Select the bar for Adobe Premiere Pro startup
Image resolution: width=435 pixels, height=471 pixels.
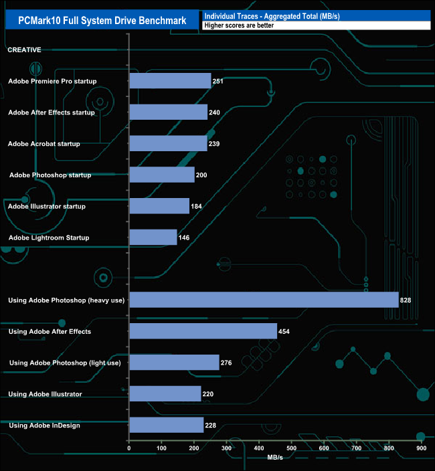[170, 81]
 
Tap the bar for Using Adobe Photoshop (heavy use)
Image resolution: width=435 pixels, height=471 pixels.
[264, 300]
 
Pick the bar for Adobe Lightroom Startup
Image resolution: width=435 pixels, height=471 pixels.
[153, 238]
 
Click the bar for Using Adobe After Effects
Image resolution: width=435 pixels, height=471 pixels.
[203, 331]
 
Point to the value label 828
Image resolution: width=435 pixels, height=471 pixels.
[406, 300]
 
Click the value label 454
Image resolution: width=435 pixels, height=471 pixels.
[284, 332]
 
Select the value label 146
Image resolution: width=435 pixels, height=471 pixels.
[185, 238]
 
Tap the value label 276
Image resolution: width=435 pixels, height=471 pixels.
[226, 363]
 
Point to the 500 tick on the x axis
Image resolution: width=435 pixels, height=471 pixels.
[291, 448]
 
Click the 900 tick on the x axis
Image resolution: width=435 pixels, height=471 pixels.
[421, 448]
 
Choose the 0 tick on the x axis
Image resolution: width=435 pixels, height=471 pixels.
[129, 448]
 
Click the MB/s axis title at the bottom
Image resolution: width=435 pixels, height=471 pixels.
[275, 458]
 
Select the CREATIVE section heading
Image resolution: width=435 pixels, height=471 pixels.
[24, 50]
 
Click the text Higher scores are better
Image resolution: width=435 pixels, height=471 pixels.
[239, 25]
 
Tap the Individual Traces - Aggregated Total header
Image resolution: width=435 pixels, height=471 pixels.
[272, 15]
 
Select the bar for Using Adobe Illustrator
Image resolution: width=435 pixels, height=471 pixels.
[165, 394]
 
